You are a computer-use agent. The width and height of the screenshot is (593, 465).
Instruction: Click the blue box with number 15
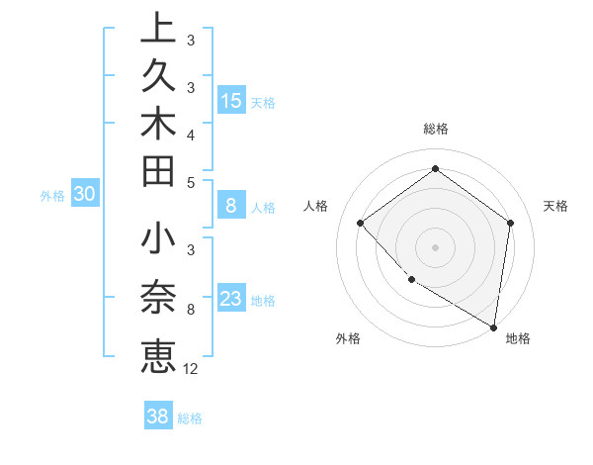[231, 100]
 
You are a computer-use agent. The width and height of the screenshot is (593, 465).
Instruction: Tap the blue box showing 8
[231, 206]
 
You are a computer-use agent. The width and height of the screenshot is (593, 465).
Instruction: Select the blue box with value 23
[231, 299]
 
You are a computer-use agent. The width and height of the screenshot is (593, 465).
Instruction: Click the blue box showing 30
[85, 195]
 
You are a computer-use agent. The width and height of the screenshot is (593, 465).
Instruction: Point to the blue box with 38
[158, 417]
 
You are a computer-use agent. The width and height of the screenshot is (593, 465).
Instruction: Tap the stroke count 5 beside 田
[190, 182]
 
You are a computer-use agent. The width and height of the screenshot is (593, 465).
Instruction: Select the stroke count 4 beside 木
[190, 134]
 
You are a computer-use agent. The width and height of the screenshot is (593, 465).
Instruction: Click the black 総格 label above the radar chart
[436, 129]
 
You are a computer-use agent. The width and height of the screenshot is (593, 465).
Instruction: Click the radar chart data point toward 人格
[361, 223]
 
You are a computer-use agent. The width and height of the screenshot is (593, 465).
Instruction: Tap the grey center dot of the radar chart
[435, 246]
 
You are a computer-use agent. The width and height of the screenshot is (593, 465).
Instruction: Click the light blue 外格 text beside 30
[52, 196]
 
